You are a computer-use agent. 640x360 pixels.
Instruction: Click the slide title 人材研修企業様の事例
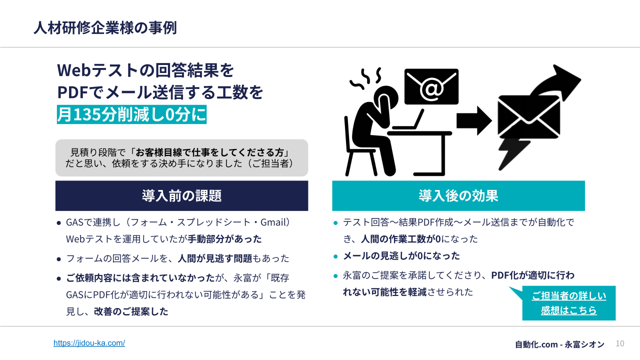pos(105,28)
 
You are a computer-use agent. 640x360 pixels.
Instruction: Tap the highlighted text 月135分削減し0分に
pos(131,114)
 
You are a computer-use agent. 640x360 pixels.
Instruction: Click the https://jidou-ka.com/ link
pos(89,343)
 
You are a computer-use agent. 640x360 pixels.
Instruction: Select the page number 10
pos(619,343)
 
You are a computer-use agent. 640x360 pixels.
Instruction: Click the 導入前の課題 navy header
pos(181,195)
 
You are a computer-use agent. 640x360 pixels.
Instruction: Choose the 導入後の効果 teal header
pos(458,195)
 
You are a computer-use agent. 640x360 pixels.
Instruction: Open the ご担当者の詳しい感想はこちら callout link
pos(568,303)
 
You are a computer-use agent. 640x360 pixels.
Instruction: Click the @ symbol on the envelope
pos(431,89)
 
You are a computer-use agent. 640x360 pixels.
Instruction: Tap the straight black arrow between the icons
pos(473,120)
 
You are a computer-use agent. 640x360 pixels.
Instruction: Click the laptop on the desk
pos(408,120)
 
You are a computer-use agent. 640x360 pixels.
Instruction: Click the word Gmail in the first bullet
pos(273,222)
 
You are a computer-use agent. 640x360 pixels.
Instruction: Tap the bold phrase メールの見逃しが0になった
pos(401,256)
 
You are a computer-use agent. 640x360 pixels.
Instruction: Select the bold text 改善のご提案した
pos(131,311)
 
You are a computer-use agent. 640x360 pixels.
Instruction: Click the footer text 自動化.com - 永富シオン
pos(560,344)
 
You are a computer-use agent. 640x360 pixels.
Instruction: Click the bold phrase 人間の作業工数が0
pos(400,239)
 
